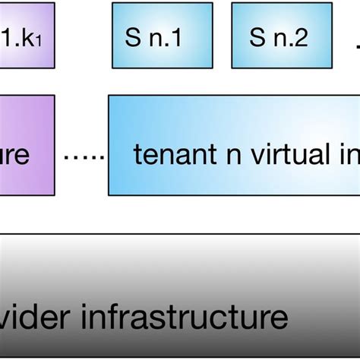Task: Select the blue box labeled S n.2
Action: click(281, 37)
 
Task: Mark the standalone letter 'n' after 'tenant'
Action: click(219, 157)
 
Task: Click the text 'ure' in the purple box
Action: click(14, 156)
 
